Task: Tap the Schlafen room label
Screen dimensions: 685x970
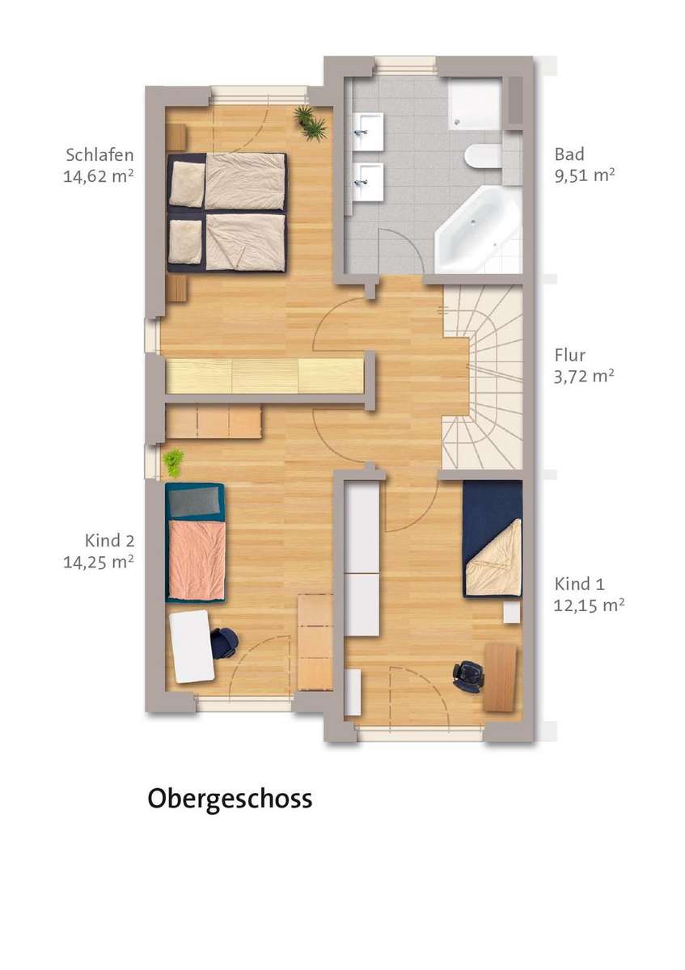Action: point(99,154)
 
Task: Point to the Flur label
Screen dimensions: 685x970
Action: point(569,355)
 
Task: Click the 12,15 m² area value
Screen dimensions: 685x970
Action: point(589,605)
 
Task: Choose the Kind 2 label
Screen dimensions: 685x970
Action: point(109,541)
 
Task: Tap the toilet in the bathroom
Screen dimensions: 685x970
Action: point(484,156)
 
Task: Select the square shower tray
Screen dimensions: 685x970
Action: point(475,104)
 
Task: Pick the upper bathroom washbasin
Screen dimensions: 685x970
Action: point(368,131)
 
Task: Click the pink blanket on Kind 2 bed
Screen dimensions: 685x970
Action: point(197,559)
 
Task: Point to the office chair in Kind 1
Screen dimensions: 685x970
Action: point(467,676)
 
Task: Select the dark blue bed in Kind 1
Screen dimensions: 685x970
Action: point(493,538)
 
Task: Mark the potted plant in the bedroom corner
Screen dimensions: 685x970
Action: point(310,122)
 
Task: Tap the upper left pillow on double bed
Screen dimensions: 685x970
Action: point(187,184)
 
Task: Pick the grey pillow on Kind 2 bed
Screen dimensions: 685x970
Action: point(193,501)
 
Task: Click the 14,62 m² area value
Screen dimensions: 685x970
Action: point(99,176)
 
